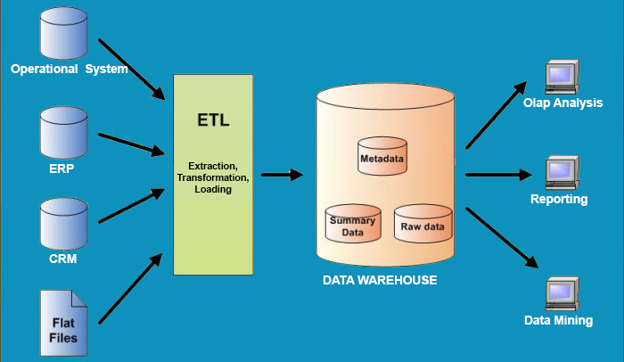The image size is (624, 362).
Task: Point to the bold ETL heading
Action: (213, 121)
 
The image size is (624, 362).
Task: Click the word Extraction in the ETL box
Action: (212, 166)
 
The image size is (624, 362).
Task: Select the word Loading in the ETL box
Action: (212, 189)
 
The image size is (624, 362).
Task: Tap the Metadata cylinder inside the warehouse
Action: (382, 156)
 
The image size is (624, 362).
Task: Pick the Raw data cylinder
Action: (423, 225)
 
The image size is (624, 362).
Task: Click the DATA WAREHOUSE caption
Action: (380, 280)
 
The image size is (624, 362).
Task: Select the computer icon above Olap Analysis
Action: (562, 78)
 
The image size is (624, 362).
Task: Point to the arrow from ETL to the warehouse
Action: (283, 175)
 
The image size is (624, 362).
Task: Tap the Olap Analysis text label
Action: (563, 103)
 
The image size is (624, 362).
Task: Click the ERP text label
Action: (62, 167)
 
